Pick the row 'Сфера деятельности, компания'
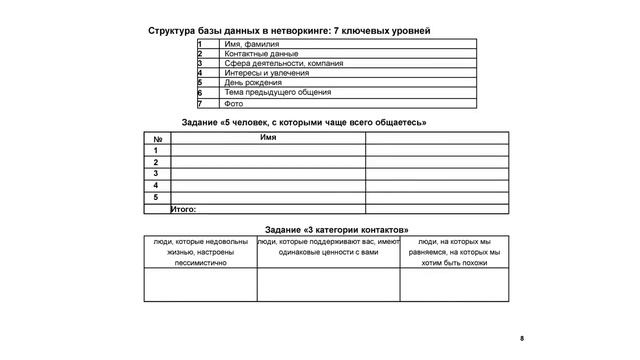(283, 63)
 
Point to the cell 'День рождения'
(253, 82)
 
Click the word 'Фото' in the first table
(234, 103)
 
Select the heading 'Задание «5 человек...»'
(304, 122)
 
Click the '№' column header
(157, 137)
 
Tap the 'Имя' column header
(267, 137)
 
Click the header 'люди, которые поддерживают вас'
(328, 248)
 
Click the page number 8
(522, 340)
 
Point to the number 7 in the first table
(200, 103)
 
